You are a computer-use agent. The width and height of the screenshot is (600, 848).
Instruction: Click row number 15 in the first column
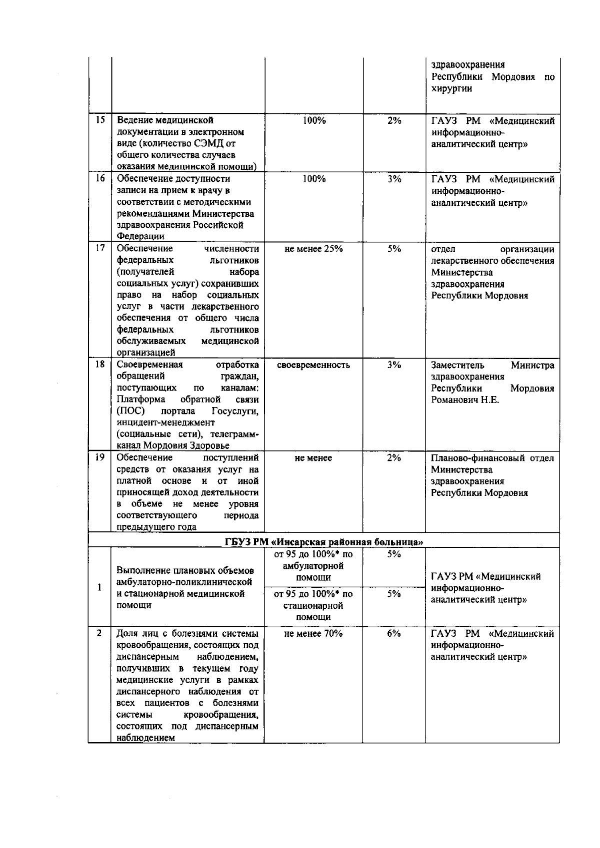[100, 120]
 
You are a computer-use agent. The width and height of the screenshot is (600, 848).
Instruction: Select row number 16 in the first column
[100, 179]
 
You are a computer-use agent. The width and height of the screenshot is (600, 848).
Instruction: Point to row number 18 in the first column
[100, 365]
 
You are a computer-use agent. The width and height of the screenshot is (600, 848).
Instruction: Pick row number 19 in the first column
[100, 457]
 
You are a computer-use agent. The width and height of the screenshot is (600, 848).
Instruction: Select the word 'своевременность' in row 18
[313, 365]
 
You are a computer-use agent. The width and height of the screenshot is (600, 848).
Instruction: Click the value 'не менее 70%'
[313, 634]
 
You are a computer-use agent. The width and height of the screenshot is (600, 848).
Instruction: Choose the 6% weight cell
[394, 634]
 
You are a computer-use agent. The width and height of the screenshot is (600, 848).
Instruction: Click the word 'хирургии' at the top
[451, 89]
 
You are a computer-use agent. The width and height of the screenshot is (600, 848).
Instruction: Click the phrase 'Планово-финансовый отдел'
[492, 458]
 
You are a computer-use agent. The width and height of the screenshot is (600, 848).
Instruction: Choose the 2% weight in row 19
[394, 458]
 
